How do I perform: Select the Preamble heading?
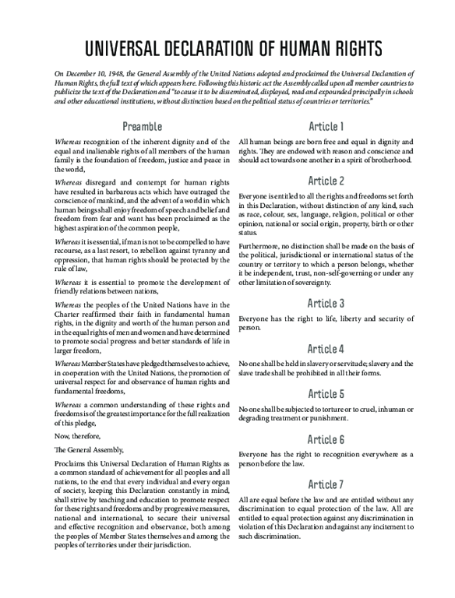click(143, 126)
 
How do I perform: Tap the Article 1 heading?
click(326, 126)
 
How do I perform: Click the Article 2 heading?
click(326, 181)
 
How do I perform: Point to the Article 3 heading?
click(326, 303)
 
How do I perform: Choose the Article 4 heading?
click(326, 348)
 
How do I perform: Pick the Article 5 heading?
click(326, 393)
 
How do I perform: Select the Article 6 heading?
click(326, 439)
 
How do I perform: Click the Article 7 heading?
click(326, 484)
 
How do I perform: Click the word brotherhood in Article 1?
click(387, 160)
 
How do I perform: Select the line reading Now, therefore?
click(76, 437)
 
